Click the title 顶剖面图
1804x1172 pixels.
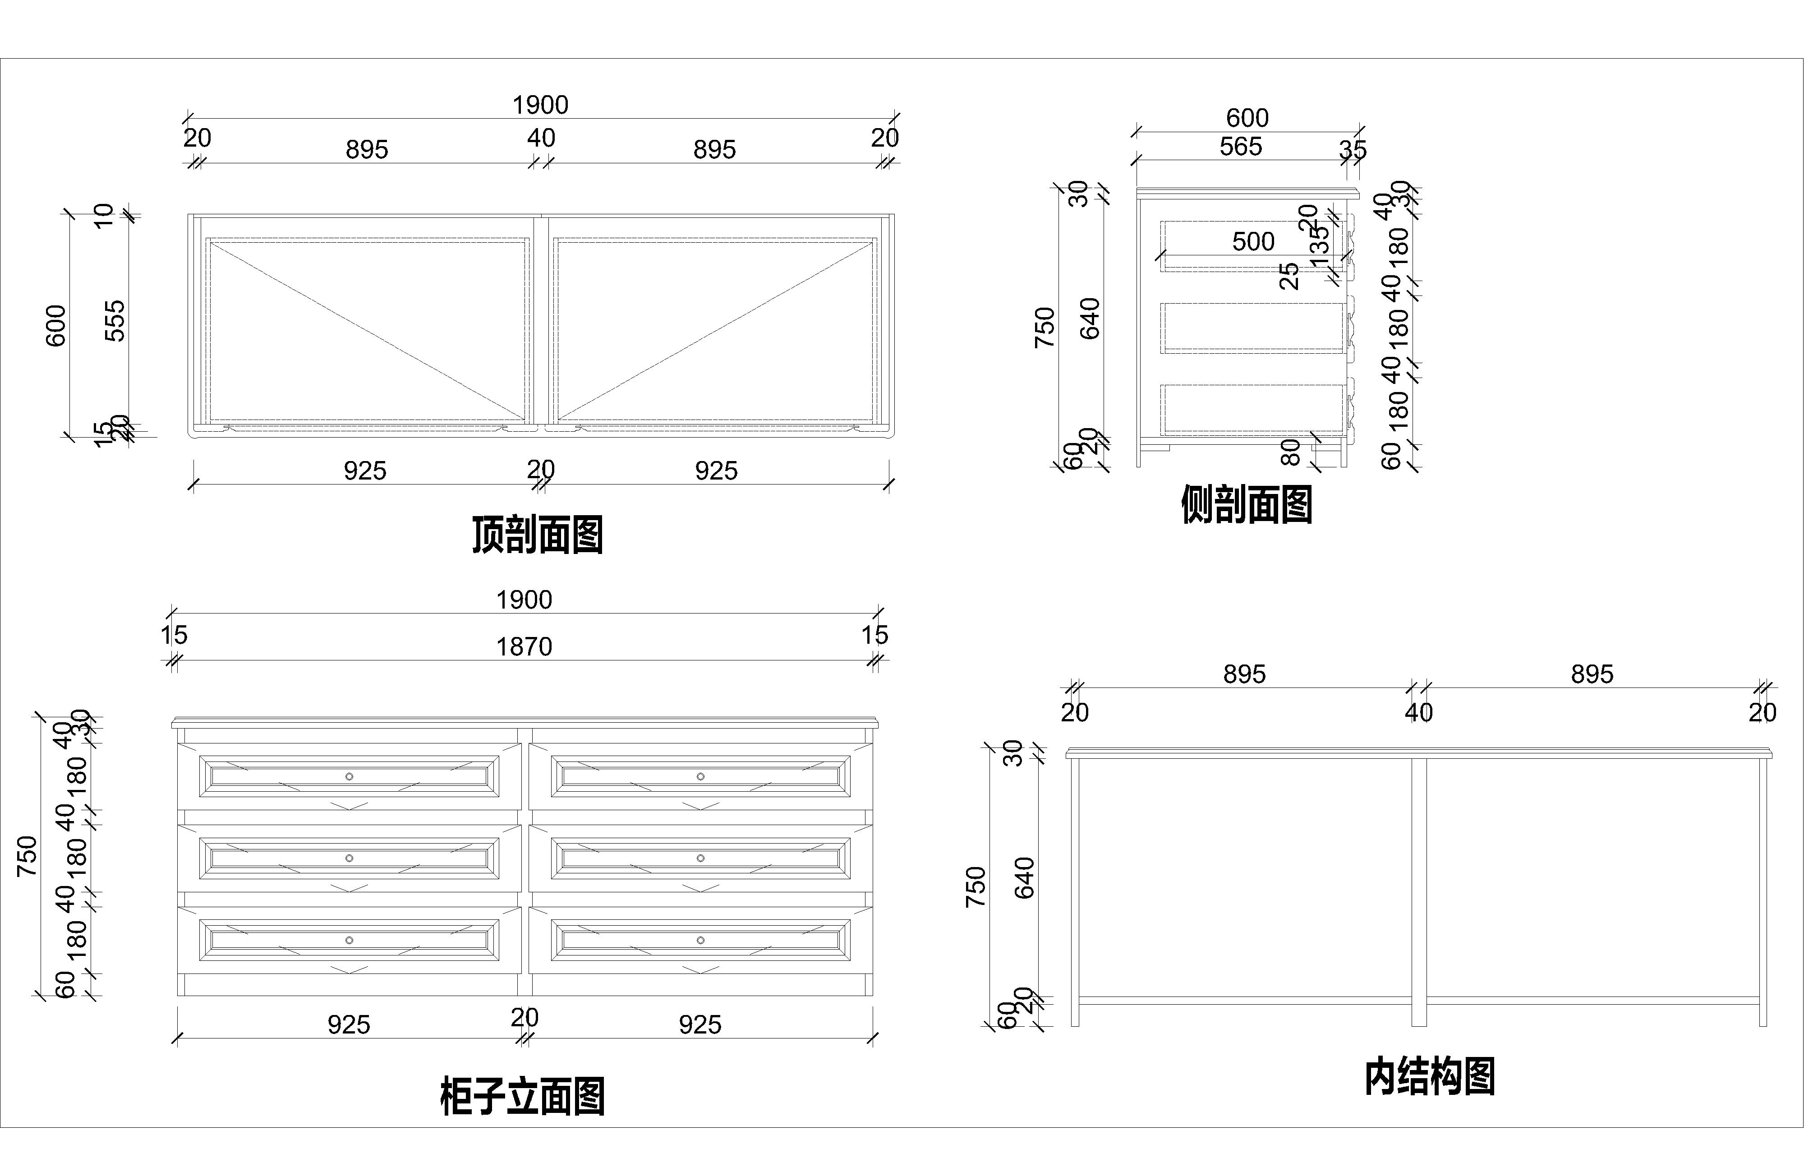tap(538, 535)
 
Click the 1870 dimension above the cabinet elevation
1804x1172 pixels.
tap(524, 646)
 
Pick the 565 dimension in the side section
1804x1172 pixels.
tap(1240, 146)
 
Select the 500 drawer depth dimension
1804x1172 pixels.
tap(1253, 242)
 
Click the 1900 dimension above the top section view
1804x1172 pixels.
tap(540, 105)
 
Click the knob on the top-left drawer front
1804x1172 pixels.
tap(350, 776)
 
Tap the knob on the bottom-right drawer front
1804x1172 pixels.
tap(700, 940)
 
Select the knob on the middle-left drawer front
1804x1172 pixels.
tap(350, 858)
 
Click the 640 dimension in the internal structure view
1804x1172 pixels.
tap(1024, 878)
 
